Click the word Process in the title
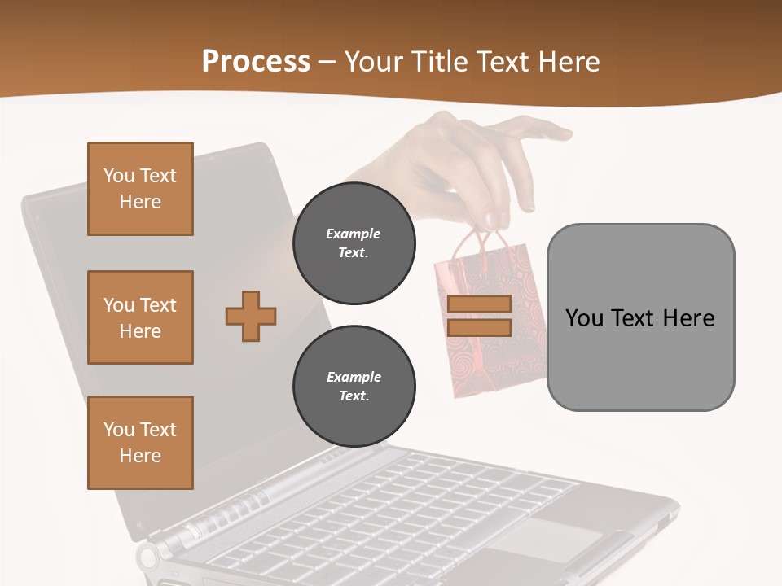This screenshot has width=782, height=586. pyautogui.click(x=256, y=61)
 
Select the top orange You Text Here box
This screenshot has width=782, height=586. pyautogui.click(x=140, y=189)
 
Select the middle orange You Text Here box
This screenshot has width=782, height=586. pyautogui.click(x=140, y=317)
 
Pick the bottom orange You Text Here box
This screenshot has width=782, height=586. pyautogui.click(x=140, y=442)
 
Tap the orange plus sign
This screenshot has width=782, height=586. pyautogui.click(x=251, y=316)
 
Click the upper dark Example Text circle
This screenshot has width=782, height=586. pyautogui.click(x=354, y=243)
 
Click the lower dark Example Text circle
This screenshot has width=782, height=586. pyautogui.click(x=354, y=386)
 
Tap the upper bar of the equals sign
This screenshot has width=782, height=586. pyautogui.click(x=479, y=304)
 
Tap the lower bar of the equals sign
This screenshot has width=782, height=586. pyautogui.click(x=479, y=327)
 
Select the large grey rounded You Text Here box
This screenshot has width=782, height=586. pyautogui.click(x=640, y=317)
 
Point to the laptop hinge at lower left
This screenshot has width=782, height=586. pyautogui.click(x=152, y=557)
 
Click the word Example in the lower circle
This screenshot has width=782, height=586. pyautogui.click(x=354, y=377)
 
